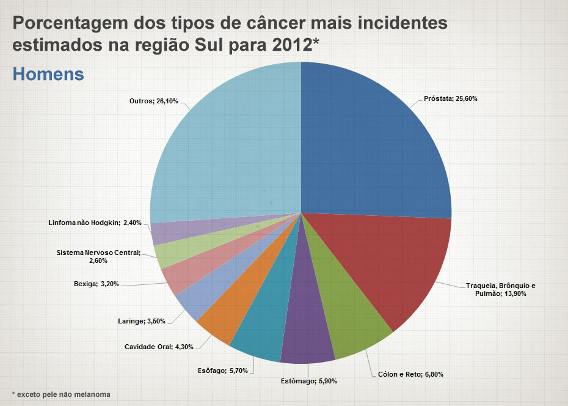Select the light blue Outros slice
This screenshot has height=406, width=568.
(x=226, y=147)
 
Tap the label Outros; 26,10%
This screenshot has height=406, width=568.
(x=154, y=101)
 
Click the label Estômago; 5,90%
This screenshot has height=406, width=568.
(x=309, y=382)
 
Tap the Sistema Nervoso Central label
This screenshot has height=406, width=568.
(x=98, y=256)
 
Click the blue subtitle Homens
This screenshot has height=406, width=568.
(x=48, y=74)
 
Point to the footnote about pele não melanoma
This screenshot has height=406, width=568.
(x=61, y=394)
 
